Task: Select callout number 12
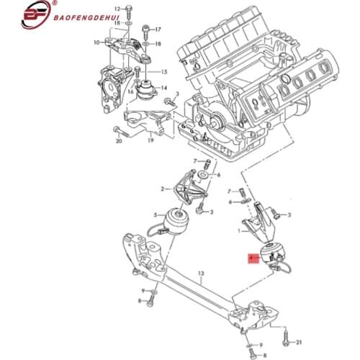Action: (x=117, y=9)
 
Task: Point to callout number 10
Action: (x=94, y=42)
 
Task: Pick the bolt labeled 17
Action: (x=147, y=30)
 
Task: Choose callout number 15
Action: (x=163, y=72)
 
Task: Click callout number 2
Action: (x=163, y=189)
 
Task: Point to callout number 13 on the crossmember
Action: (x=202, y=274)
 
